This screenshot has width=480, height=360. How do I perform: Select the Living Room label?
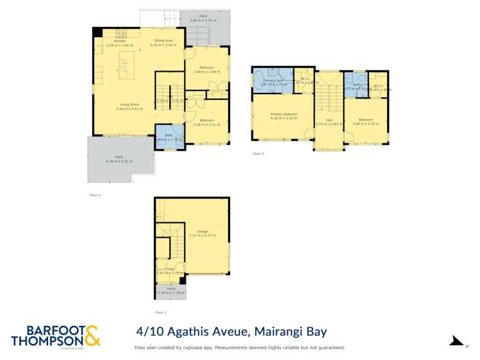pyautogui.click(x=129, y=106)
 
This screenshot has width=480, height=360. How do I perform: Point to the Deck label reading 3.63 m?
pyautogui.click(x=203, y=18)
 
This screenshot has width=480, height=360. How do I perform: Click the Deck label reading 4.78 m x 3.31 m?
pyautogui.click(x=119, y=159)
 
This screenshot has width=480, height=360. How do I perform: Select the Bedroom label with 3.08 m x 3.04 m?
pyautogui.click(x=206, y=70)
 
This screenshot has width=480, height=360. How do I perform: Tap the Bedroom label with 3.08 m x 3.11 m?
pyautogui.click(x=206, y=122)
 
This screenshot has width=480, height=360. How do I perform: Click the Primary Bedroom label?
pyautogui.click(x=284, y=116)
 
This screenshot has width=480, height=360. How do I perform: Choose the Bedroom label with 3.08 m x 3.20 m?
pyautogui.click(x=365, y=122)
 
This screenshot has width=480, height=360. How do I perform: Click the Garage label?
pyautogui.click(x=203, y=234)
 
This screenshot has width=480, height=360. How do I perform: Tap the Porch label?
pyautogui.click(x=170, y=290)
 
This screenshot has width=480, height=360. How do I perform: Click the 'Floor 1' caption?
pyautogui.click(x=160, y=312)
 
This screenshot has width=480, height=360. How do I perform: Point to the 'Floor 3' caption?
pyautogui.click(x=258, y=154)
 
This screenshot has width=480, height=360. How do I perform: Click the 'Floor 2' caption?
pyautogui.click(x=95, y=195)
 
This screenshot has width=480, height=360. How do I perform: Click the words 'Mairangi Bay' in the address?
pyautogui.click(x=292, y=332)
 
